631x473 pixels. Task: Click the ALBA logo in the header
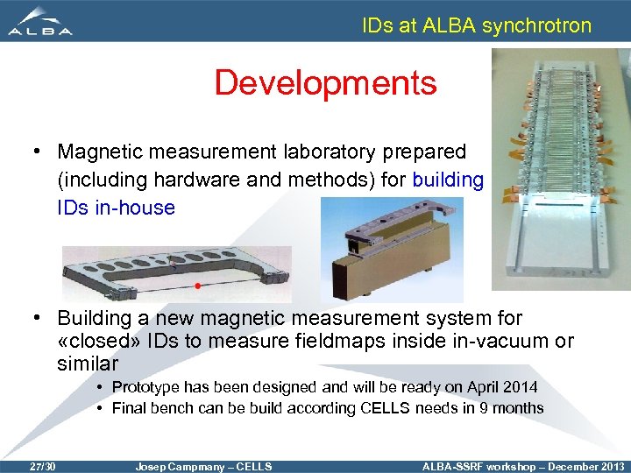(x=41, y=22)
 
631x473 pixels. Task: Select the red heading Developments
(x=325, y=83)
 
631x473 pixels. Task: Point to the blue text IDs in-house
(x=116, y=208)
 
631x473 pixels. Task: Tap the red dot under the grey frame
(x=199, y=286)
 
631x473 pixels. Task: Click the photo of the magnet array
(x=561, y=166)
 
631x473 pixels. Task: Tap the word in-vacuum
(x=492, y=341)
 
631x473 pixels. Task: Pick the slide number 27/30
(x=41, y=466)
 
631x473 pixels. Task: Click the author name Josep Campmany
(x=177, y=466)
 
